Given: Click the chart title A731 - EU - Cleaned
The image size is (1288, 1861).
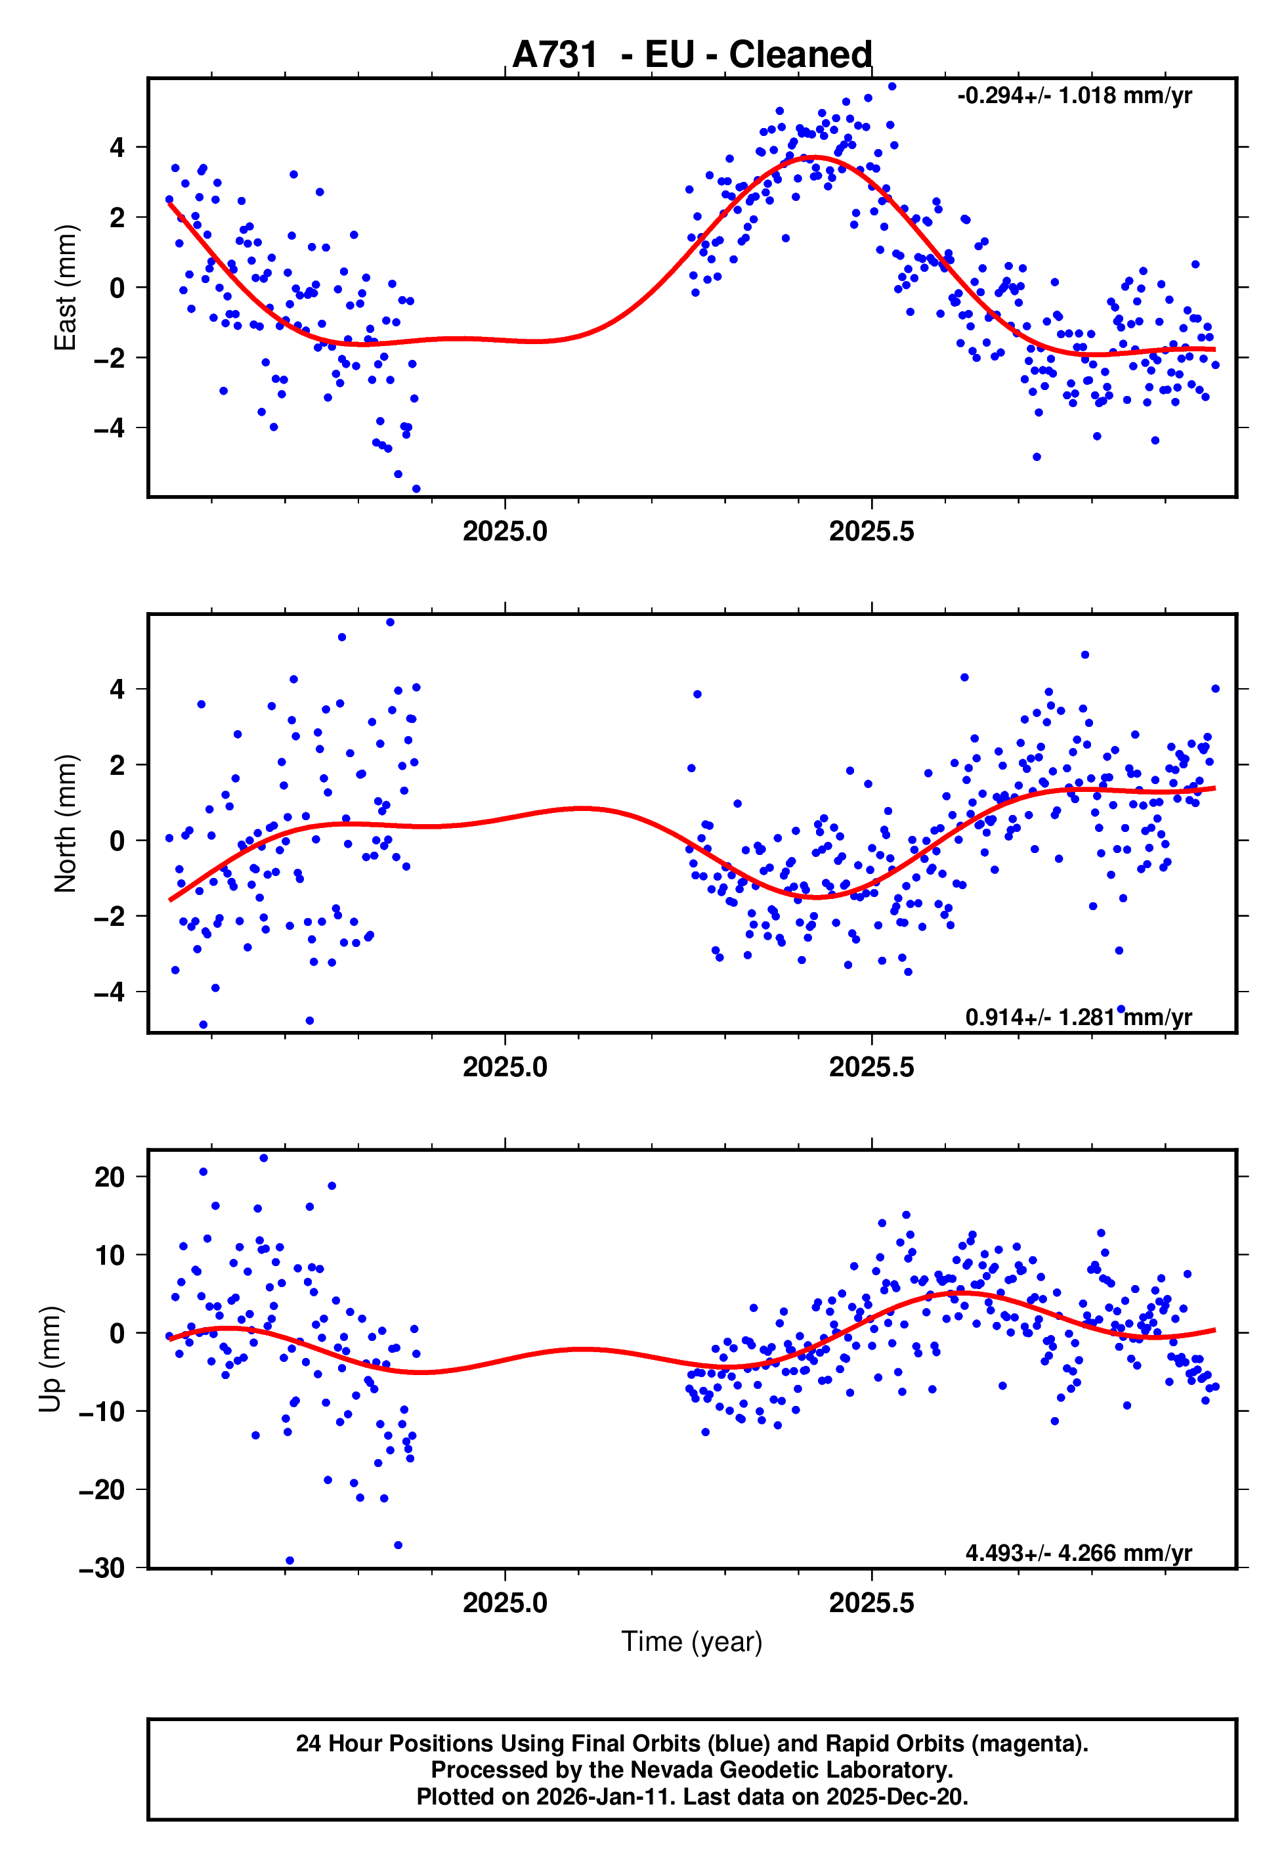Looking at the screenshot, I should coord(692,55).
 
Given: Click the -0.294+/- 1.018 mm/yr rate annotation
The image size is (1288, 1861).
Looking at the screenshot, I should coord(1074,96).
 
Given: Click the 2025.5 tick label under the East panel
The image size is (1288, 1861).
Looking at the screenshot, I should coord(872,532).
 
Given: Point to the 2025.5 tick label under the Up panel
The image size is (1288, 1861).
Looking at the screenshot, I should coord(872,1603).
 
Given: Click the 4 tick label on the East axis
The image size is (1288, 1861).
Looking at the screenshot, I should coord(118,148).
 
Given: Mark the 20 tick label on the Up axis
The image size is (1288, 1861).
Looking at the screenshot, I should coord(110,1177).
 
